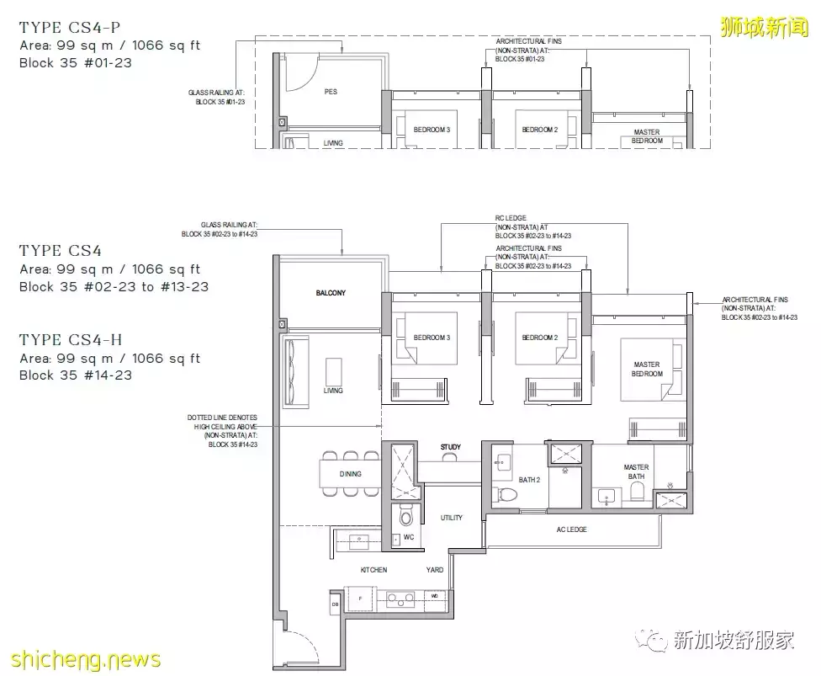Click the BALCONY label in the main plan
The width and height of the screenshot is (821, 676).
(331, 293)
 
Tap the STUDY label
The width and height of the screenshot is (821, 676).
(450, 447)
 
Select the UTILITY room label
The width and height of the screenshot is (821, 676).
(452, 518)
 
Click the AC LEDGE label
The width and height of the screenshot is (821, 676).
(572, 530)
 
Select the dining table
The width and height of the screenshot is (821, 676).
(351, 474)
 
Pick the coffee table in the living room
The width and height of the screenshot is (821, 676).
(333, 374)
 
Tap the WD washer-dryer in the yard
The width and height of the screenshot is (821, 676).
(434, 596)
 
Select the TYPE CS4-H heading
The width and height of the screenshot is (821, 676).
(71, 340)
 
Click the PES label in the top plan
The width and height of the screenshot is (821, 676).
(331, 92)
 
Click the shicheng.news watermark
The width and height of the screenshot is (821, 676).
(80, 658)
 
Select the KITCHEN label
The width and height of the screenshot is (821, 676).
(373, 570)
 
